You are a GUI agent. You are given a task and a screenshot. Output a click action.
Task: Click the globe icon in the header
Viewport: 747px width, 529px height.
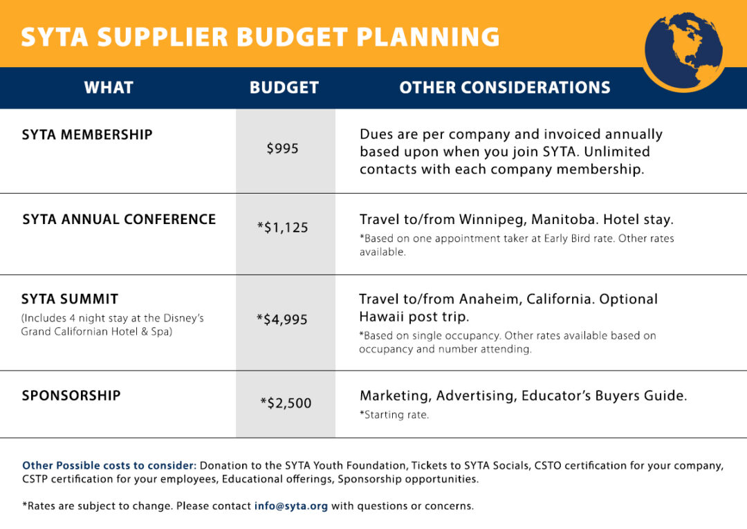point(683,52)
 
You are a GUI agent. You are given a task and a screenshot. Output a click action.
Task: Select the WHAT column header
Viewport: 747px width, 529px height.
point(109,88)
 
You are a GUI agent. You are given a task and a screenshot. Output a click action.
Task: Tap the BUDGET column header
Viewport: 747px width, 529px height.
point(284,88)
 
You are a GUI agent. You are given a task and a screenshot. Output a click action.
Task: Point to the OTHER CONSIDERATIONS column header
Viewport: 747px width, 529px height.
point(505,88)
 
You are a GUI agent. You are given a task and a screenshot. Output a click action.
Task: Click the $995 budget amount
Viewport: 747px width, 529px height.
point(282,149)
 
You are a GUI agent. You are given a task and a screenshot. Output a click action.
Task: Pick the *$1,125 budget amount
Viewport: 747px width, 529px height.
point(282,227)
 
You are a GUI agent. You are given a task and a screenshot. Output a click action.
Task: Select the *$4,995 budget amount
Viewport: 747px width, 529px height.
point(282,319)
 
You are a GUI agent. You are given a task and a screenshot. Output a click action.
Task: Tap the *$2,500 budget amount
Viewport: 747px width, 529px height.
point(286,403)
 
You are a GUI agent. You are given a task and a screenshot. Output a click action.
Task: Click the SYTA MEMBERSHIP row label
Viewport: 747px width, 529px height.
point(87,135)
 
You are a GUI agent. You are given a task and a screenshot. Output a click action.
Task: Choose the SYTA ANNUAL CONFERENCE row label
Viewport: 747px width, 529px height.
point(119,219)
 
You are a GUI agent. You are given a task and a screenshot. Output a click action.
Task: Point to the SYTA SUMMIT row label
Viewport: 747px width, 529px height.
point(70,299)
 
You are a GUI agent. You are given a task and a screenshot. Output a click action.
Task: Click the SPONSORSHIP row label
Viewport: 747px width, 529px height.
point(71,396)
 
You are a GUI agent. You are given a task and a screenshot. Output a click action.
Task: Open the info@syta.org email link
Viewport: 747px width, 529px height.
point(291,505)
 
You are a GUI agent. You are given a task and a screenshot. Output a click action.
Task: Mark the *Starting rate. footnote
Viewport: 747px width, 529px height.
point(394,415)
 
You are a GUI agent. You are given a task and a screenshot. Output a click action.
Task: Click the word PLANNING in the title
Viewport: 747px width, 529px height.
point(428,37)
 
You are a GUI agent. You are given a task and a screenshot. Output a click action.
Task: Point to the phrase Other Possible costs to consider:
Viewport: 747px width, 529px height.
point(109,465)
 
